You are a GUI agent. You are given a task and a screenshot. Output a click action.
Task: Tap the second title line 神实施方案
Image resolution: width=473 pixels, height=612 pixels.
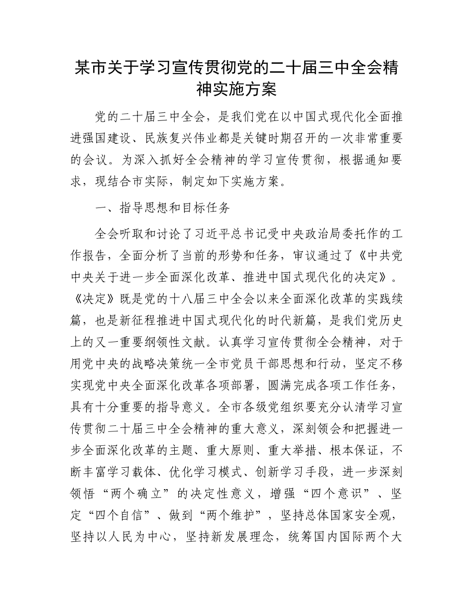click(236, 90)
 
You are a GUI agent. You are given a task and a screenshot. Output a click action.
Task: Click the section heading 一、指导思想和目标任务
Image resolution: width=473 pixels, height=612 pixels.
click(162, 208)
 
